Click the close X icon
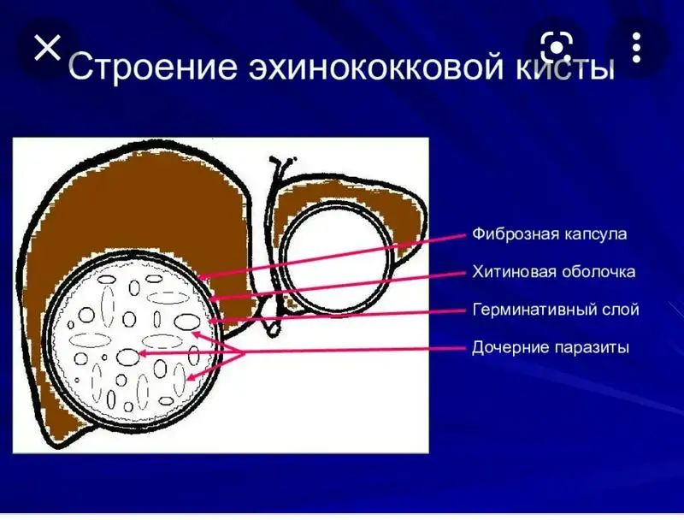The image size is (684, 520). point(47,48)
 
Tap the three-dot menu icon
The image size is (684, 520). point(636,47)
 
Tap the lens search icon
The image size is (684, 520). point(557,47)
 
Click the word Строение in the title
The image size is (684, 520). point(153,67)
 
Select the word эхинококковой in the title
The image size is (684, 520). point(376,67)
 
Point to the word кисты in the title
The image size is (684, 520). point(565,68)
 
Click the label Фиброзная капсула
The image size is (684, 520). point(550,234)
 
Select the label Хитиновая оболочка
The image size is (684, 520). point(554,272)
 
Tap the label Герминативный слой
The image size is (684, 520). point(556,310)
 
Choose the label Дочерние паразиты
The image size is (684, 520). point(551,348)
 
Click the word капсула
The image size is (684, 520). point(596,234)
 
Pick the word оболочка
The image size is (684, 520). point(598,272)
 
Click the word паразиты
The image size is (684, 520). point(592,349)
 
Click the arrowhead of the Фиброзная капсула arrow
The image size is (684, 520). point(202,277)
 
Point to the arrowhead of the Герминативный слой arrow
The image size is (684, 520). point(213,322)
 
